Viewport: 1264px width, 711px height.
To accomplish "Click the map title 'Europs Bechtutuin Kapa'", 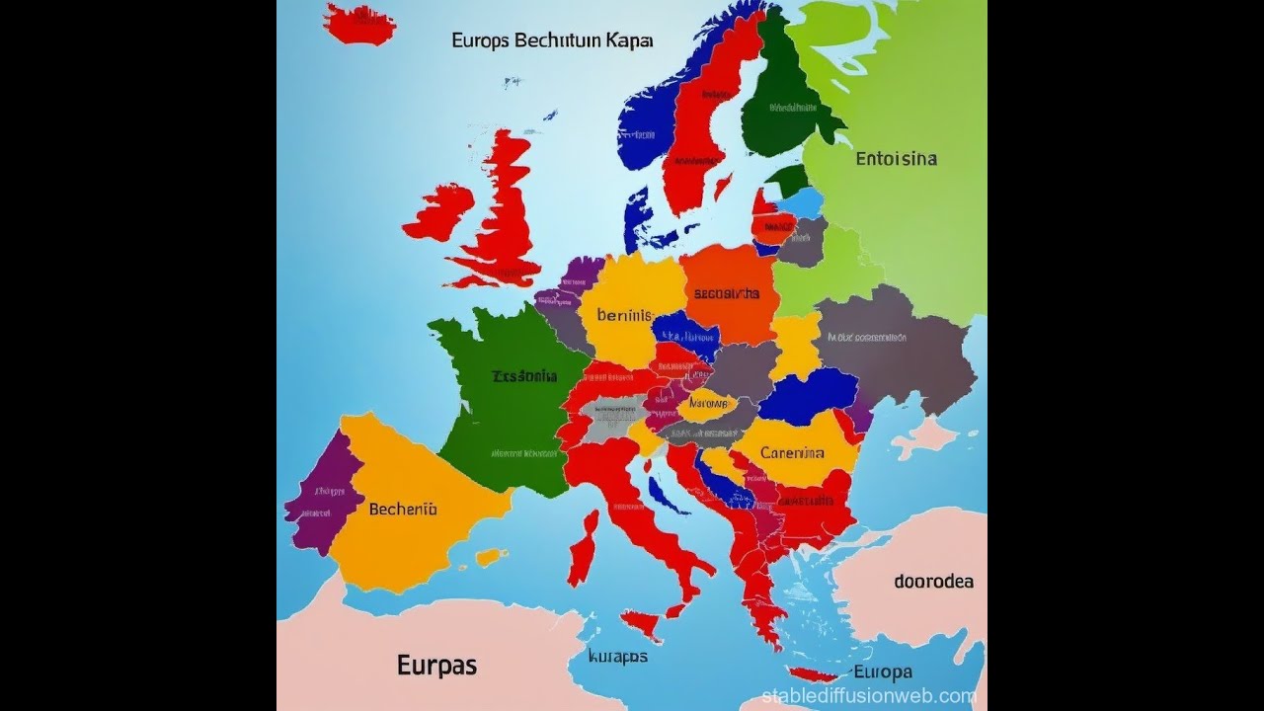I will click(x=552, y=41).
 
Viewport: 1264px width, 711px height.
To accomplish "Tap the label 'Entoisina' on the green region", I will click(x=896, y=158).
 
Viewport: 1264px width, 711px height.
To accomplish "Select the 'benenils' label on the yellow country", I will click(x=625, y=316).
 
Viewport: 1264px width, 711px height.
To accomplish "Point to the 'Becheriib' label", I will click(x=402, y=510).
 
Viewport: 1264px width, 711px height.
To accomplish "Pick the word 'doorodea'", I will click(x=933, y=582).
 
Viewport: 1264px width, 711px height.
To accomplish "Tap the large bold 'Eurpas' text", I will click(x=436, y=666).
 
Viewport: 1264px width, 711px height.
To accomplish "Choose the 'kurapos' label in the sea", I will click(x=617, y=656).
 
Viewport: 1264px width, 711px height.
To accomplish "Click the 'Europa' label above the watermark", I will click(x=882, y=672).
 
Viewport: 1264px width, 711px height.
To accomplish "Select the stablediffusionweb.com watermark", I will click(x=868, y=696).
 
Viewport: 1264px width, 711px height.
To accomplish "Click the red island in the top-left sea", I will click(x=359, y=24).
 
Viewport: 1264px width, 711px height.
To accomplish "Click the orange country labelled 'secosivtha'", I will click(x=729, y=293).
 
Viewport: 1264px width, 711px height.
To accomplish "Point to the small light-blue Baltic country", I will click(x=800, y=202).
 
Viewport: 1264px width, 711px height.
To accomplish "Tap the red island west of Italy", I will click(x=583, y=548).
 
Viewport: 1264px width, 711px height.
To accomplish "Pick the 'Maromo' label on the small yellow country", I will click(x=707, y=404).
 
